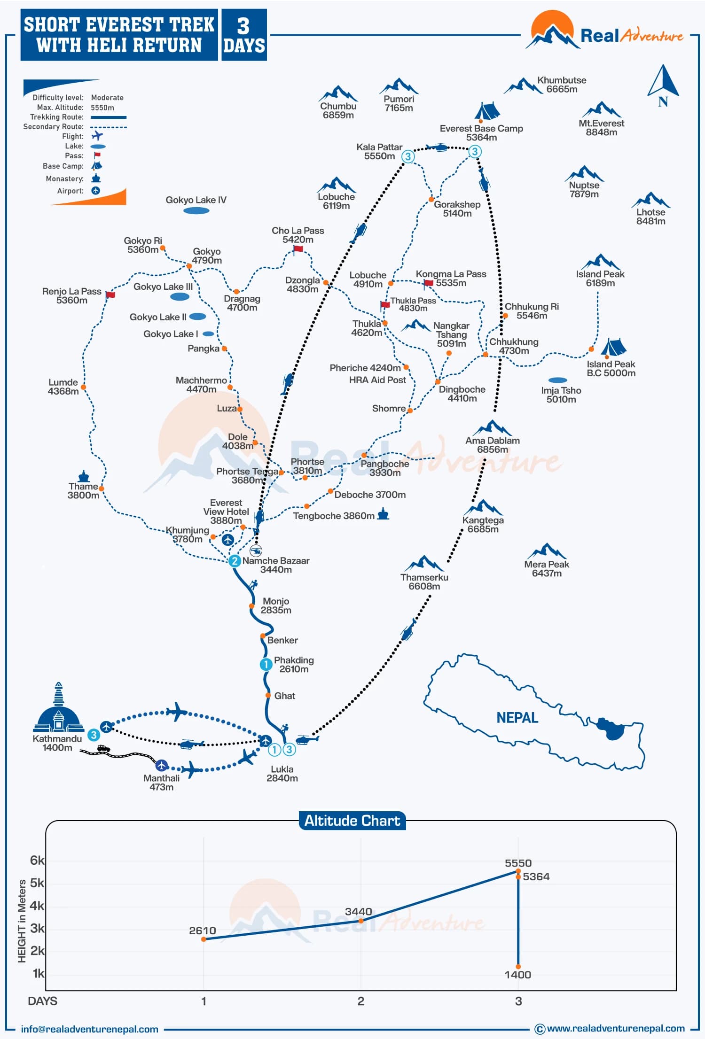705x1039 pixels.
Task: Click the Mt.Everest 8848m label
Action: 601,128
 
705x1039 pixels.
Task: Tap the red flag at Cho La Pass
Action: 298,248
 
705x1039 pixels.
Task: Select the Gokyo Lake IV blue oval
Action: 196,211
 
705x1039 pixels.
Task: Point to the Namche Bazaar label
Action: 276,565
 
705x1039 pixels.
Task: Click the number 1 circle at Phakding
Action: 266,664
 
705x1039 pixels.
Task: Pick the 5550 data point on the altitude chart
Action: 518,872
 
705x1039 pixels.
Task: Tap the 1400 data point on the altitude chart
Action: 518,966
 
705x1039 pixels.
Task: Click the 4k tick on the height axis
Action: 37,906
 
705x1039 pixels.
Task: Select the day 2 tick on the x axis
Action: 360,1001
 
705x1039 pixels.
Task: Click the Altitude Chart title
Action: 352,821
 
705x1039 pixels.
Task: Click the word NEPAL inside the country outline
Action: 517,718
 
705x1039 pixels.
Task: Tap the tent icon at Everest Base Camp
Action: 486,111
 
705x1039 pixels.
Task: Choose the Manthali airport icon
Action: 162,765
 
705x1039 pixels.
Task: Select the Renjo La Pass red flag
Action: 110,295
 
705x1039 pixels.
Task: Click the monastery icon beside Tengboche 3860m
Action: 384,514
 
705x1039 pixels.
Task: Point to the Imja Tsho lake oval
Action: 557,380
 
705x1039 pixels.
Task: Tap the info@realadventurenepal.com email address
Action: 89,1029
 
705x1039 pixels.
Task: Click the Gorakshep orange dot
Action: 431,200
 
